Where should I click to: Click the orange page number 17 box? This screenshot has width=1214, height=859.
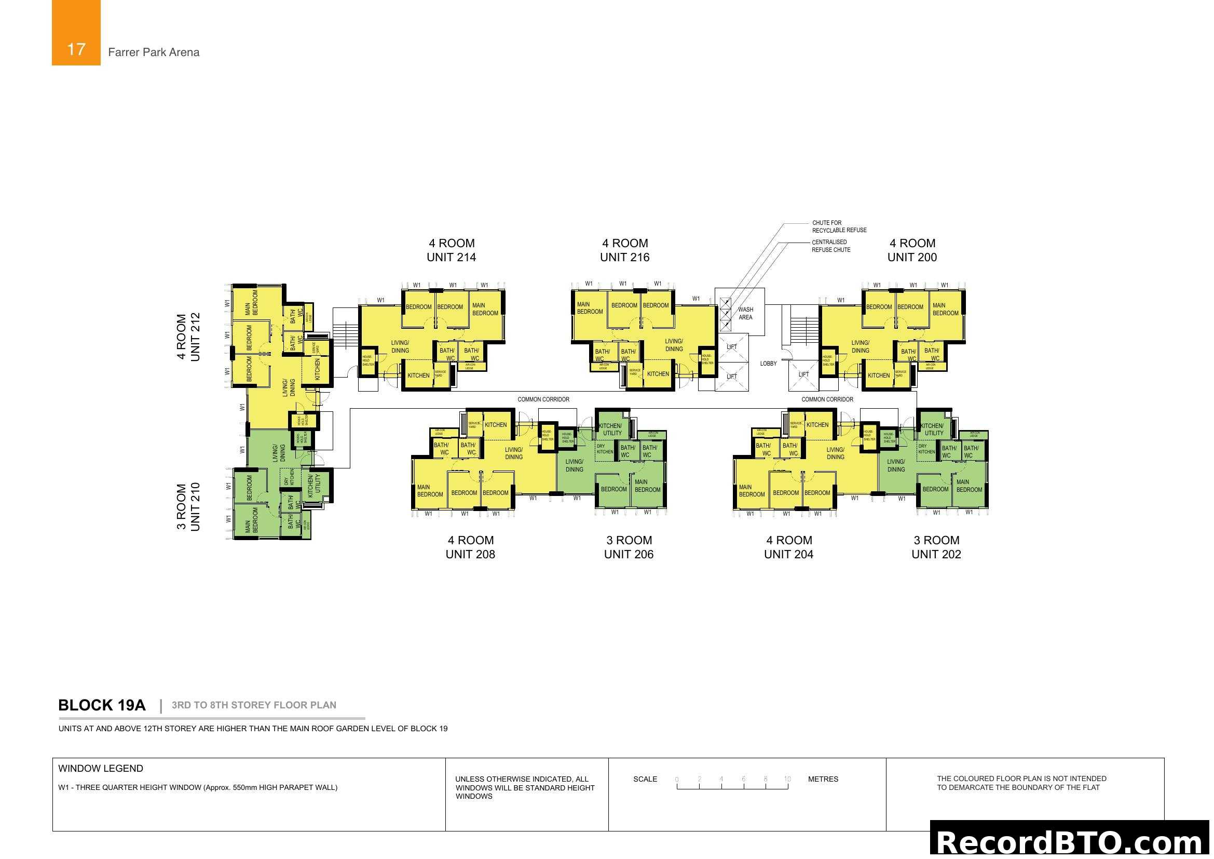[76, 33]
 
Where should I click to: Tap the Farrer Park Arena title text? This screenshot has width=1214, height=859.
[153, 52]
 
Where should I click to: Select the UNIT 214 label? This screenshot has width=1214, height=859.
[451, 258]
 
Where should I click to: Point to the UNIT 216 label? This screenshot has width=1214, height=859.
[624, 258]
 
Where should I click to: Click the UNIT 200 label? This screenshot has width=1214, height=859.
[911, 258]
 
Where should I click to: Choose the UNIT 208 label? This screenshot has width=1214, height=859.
[470, 554]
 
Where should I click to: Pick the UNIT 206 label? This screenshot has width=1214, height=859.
[629, 554]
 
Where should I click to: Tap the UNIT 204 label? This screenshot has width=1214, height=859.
[788, 554]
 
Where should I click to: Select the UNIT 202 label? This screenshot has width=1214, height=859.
[936, 554]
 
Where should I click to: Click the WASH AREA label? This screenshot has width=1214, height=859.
[745, 314]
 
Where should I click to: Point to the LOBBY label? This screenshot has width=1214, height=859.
[768, 364]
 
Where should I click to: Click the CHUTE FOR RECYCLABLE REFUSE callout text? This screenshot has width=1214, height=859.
[839, 226]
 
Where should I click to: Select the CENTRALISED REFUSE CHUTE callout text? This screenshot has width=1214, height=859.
[831, 246]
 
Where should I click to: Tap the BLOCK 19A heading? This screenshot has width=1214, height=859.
[102, 705]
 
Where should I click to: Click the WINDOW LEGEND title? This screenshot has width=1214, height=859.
[101, 769]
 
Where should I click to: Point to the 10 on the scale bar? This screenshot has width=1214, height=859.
[787, 779]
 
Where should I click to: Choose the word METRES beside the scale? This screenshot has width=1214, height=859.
[823, 779]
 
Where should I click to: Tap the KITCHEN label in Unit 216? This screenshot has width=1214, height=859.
[658, 374]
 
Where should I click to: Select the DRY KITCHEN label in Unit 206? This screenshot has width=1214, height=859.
[604, 449]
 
